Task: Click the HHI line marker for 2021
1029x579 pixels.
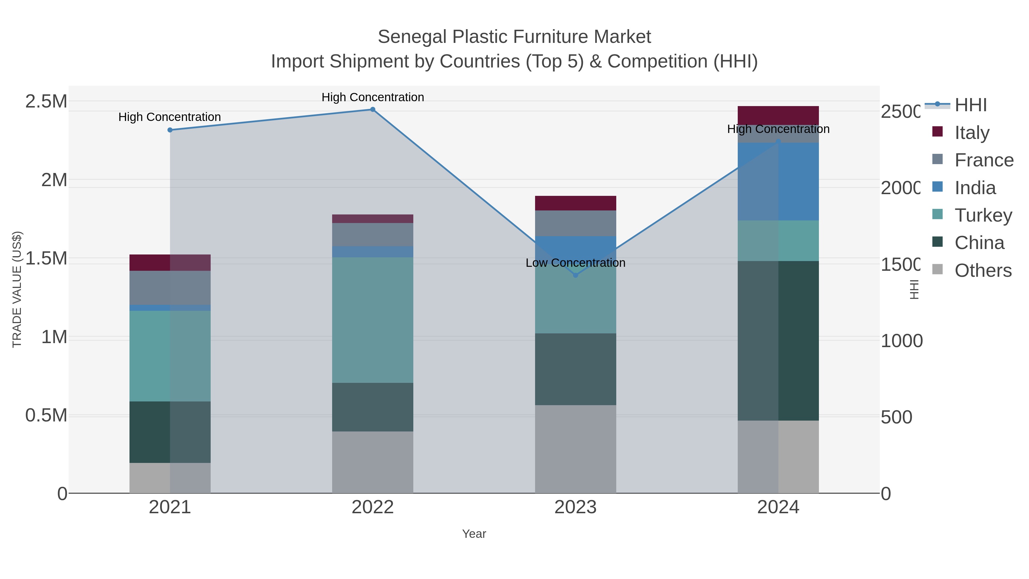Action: (x=170, y=130)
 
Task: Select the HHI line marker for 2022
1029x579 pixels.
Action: (x=373, y=110)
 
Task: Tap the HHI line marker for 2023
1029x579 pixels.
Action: (x=576, y=275)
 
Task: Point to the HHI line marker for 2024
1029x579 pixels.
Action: (x=778, y=142)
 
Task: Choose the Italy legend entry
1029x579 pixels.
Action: (x=972, y=133)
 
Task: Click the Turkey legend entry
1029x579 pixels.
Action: (x=983, y=215)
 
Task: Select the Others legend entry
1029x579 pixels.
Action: (x=983, y=270)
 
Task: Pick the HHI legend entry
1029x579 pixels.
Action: (x=970, y=105)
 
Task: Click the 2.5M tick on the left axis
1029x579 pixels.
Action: (x=46, y=102)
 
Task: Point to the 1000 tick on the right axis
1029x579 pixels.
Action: (x=902, y=341)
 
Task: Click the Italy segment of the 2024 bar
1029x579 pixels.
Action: (x=778, y=116)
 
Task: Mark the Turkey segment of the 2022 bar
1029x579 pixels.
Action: (x=373, y=320)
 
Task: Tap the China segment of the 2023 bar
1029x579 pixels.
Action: (x=576, y=369)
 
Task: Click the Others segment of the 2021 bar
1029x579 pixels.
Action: (x=170, y=478)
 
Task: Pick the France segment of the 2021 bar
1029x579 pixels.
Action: (x=170, y=288)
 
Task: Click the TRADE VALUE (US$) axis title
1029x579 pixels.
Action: (x=17, y=289)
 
